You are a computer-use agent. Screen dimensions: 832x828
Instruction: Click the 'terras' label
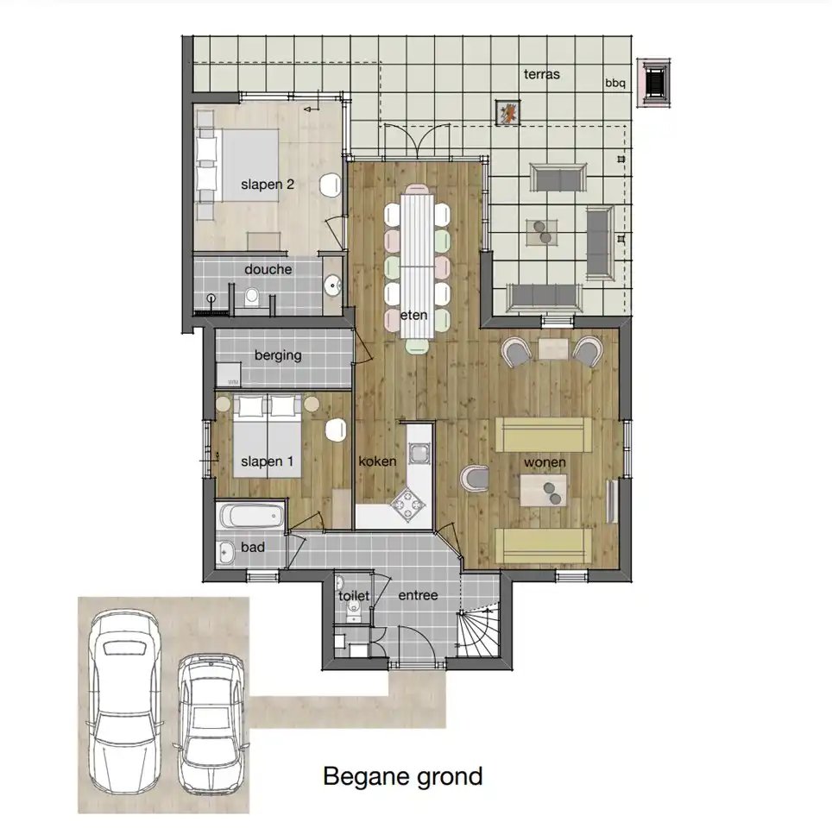(542, 74)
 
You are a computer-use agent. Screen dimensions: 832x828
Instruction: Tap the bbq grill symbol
(653, 83)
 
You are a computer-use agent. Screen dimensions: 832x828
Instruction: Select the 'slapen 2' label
(268, 185)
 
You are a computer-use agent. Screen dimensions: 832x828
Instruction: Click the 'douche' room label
(268, 269)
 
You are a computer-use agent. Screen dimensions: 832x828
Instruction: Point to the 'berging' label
(278, 355)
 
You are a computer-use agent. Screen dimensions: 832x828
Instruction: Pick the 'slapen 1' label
(267, 461)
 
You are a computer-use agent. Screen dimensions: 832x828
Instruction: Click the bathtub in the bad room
(250, 516)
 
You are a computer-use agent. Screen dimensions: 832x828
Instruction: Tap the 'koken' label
(377, 461)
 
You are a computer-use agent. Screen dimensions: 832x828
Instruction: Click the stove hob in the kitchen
(408, 504)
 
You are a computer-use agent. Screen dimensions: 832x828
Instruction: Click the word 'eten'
(414, 316)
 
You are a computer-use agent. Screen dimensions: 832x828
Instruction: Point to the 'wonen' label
(545, 462)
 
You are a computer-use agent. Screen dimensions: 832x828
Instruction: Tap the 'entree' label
(418, 596)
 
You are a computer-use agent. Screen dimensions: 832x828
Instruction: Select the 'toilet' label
(354, 596)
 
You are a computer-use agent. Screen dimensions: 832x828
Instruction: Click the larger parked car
(125, 703)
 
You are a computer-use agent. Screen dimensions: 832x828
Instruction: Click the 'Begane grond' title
(403, 776)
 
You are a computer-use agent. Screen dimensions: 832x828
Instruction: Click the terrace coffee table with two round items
(542, 232)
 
